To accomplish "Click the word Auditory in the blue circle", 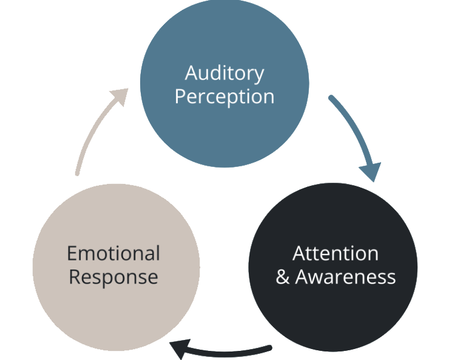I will pyautogui.click(x=224, y=73).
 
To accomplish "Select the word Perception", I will pyautogui.click(x=224, y=97).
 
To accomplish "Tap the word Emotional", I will pyautogui.click(x=113, y=253).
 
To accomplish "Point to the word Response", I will pyautogui.click(x=113, y=277).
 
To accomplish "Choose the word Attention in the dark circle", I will pyautogui.click(x=336, y=253).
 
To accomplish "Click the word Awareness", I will pyautogui.click(x=345, y=277).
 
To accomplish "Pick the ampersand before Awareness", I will pyautogui.click(x=283, y=277).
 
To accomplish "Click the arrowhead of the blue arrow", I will pyautogui.click(x=372, y=171).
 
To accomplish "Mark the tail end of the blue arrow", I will pyautogui.click(x=331, y=97).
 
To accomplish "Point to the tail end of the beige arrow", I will pyautogui.click(x=77, y=174).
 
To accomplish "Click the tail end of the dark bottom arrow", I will pyautogui.click(x=270, y=348).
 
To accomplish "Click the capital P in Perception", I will pyautogui.click(x=180, y=97).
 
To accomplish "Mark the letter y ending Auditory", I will pyautogui.click(x=259, y=76).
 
